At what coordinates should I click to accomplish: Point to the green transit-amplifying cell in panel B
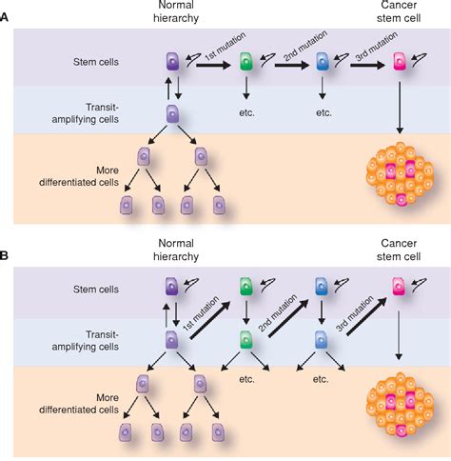246,337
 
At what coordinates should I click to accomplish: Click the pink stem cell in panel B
398,287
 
